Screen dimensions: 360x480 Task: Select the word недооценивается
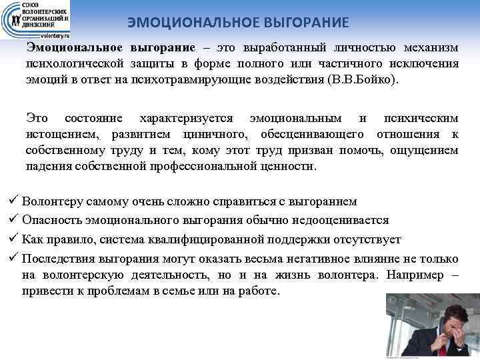click(x=340, y=220)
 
